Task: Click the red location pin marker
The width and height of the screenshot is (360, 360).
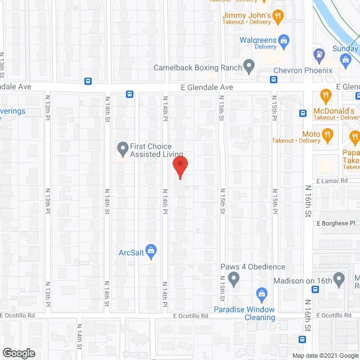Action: (x=179, y=167)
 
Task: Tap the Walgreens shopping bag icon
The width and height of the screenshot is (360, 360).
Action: (x=284, y=40)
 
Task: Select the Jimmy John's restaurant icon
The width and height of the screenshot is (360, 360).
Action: (x=277, y=17)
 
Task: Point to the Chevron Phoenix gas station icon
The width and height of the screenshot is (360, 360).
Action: (x=319, y=55)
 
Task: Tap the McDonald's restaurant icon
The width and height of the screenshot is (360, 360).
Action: (x=325, y=96)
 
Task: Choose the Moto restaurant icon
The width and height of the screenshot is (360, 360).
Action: (x=326, y=134)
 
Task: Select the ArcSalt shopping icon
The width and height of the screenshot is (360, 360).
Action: (x=150, y=249)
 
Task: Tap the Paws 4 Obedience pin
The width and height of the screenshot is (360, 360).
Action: (x=235, y=278)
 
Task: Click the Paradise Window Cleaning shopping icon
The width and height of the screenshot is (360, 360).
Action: (x=261, y=294)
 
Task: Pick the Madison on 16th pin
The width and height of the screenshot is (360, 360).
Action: (x=339, y=278)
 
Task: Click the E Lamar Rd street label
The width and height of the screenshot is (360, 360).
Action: (x=332, y=181)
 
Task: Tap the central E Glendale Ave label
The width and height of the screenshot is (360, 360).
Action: (x=206, y=88)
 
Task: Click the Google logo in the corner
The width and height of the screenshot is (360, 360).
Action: (x=18, y=353)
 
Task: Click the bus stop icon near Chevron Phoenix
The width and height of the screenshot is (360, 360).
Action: (x=273, y=79)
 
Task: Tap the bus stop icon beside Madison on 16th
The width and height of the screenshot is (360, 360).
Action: (x=315, y=290)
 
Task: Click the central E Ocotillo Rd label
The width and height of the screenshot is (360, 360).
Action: (x=191, y=316)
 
